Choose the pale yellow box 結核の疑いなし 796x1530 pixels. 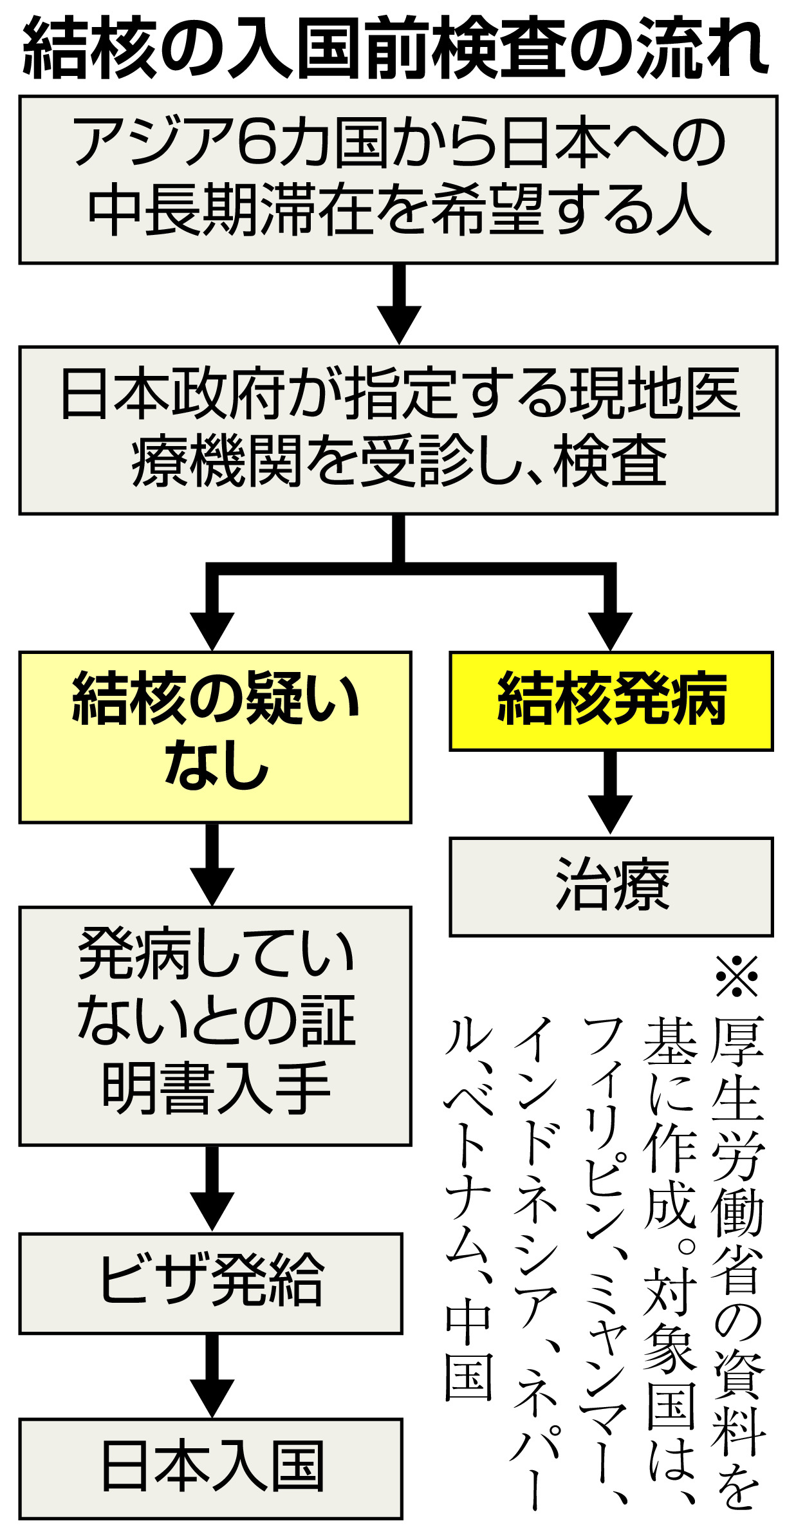215,737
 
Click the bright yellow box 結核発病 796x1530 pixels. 611,701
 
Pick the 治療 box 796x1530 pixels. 611,886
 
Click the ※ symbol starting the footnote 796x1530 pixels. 737,977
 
